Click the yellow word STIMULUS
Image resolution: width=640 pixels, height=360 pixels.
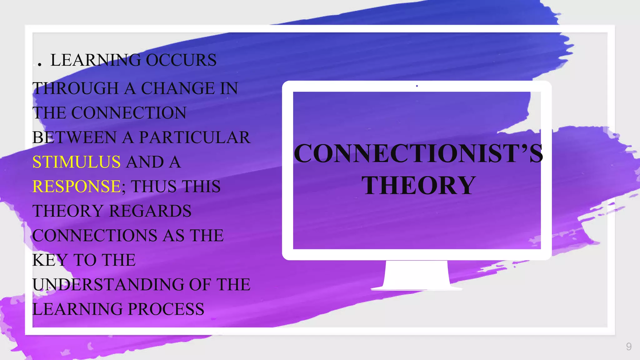tap(76, 162)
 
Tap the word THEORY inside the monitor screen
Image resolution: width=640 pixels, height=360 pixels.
tap(418, 185)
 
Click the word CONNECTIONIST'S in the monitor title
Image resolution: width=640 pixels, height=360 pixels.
tap(418, 153)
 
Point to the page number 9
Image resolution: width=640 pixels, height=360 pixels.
tap(629, 347)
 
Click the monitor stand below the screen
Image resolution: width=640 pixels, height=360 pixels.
tap(416, 275)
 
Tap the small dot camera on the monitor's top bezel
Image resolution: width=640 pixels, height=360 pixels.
tap(417, 86)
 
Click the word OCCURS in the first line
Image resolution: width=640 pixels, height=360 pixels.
tap(181, 60)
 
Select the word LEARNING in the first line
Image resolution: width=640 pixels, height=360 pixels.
tap(96, 60)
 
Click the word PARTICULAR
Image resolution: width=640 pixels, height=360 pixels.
tap(195, 137)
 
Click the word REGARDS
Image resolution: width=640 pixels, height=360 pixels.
tap(150, 211)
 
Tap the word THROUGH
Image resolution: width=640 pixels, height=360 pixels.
tap(75, 88)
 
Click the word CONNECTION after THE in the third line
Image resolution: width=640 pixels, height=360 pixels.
tap(129, 113)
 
